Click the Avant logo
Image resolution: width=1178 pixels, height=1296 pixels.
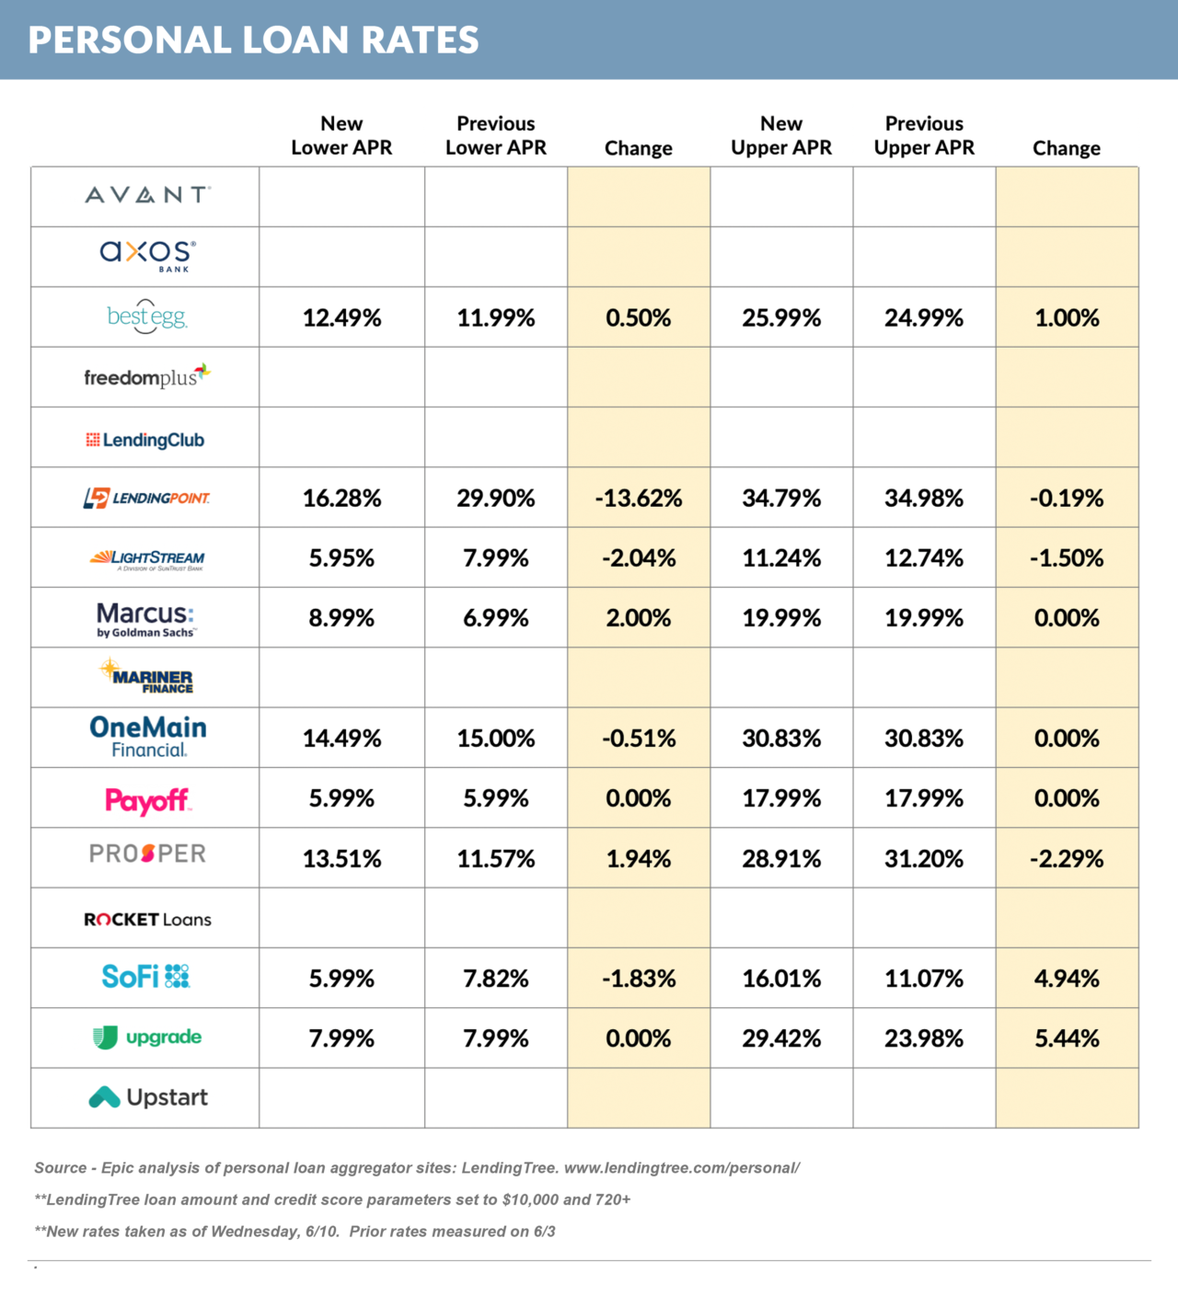tap(147, 195)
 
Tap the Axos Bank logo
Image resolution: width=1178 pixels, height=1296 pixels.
tap(147, 255)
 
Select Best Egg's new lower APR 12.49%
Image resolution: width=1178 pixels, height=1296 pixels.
tap(341, 318)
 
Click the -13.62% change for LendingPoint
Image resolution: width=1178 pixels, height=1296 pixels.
tap(639, 499)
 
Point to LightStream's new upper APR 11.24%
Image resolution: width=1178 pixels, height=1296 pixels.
tap(781, 558)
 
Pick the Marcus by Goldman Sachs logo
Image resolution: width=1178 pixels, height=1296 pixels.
tap(145, 619)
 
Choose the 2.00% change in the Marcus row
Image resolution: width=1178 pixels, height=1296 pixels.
tap(639, 618)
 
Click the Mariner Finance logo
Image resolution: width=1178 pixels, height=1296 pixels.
tap(147, 677)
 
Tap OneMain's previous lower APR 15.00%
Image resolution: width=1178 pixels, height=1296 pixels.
tap(496, 739)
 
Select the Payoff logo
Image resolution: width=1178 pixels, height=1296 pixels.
tap(147, 800)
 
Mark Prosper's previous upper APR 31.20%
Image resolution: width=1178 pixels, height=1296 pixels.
tap(924, 859)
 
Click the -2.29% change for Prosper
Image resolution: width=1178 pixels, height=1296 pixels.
tap(1067, 859)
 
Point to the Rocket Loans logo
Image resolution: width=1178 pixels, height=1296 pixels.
tap(147, 920)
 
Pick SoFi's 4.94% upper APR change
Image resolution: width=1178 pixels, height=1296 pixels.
tap(1067, 979)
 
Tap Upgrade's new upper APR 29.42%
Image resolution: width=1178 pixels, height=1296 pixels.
tap(781, 1038)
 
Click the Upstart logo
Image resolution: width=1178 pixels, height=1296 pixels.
tap(149, 1097)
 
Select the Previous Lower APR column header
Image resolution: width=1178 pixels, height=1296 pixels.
tap(496, 135)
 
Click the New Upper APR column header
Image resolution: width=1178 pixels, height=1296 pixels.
tap(781, 135)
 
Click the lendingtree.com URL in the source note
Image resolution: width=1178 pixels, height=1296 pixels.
tap(682, 1168)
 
